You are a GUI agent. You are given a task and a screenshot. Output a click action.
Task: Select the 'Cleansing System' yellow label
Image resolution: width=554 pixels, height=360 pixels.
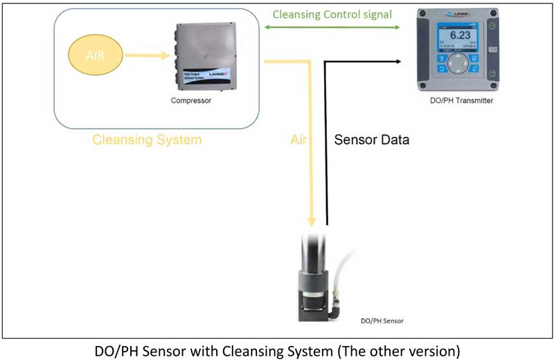coord(147,140)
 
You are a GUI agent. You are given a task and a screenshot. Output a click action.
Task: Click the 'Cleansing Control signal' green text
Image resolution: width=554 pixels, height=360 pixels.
coord(332,14)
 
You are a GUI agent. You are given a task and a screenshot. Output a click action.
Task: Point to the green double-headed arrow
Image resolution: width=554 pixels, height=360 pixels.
coord(332,28)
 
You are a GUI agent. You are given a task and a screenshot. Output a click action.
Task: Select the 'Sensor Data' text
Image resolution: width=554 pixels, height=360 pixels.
coord(371,140)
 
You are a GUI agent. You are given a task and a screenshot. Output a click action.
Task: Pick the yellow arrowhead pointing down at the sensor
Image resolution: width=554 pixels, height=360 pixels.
coord(312,221)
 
